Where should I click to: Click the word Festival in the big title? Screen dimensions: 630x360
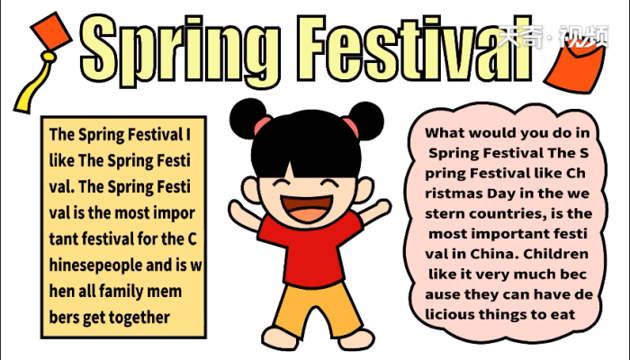[x=415, y=49]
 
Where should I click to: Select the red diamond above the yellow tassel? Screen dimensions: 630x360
[x=51, y=31]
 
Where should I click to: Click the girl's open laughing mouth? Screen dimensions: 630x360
[x=308, y=208]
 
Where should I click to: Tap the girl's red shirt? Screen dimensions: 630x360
[x=310, y=249]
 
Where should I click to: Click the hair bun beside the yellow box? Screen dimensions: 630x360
[x=248, y=119]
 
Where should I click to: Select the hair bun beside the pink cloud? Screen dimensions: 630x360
[x=364, y=121]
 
